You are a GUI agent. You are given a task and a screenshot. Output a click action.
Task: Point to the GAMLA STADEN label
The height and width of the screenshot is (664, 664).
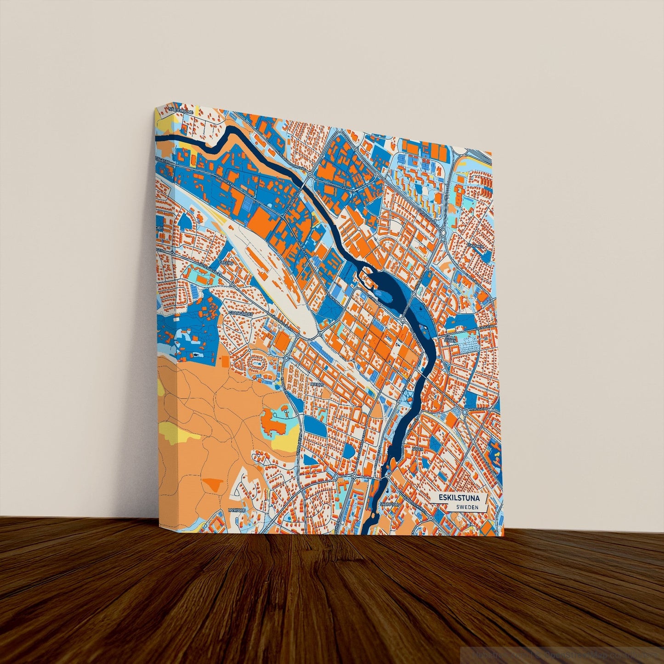point(450,339)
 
